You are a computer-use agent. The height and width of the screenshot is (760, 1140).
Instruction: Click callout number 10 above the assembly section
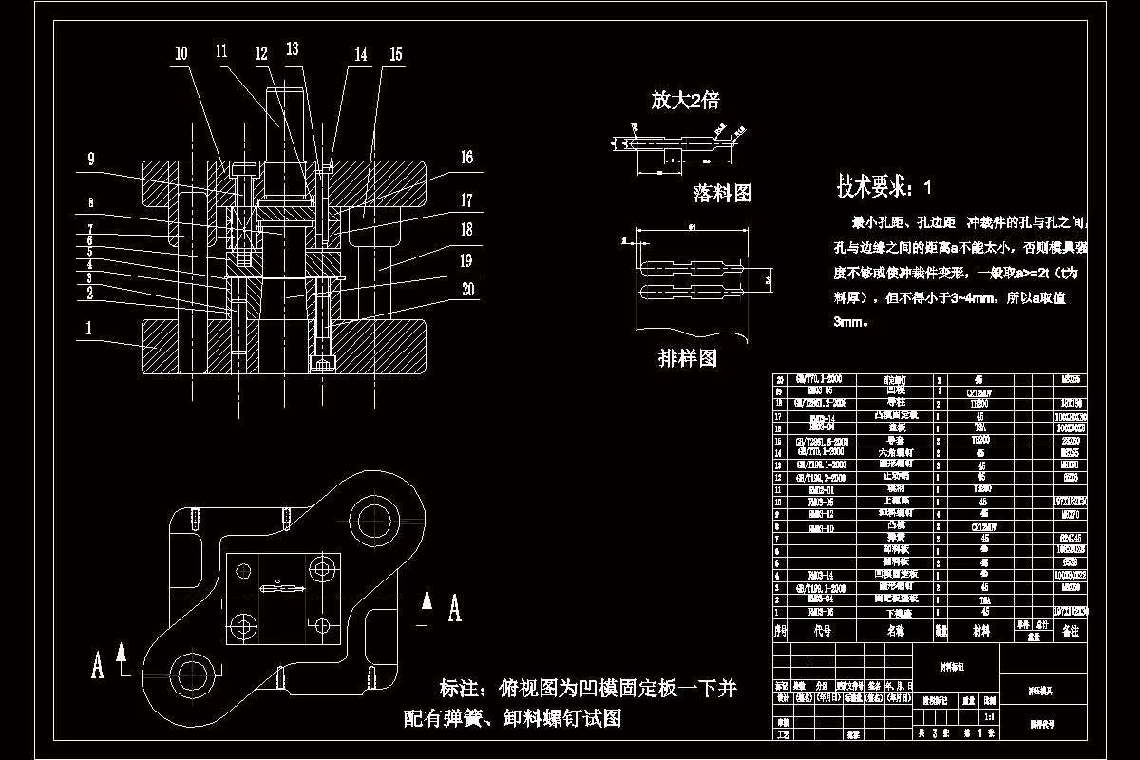[180, 54]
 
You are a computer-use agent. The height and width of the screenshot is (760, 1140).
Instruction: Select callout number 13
[292, 48]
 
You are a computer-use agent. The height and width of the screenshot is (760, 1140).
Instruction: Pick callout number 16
[465, 159]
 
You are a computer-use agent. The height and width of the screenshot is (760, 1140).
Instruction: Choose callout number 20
[465, 291]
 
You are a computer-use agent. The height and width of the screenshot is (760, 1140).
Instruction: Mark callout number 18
[465, 231]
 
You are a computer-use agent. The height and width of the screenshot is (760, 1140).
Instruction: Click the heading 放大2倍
[684, 100]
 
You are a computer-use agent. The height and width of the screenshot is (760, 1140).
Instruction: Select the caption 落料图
[722, 194]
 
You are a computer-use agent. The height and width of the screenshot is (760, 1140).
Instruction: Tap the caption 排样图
[687, 358]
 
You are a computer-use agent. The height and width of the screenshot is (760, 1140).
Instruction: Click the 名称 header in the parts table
[896, 629]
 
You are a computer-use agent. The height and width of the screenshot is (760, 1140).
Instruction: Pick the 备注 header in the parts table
[1071, 630]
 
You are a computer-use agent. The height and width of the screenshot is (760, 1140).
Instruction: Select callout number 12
[260, 54]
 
